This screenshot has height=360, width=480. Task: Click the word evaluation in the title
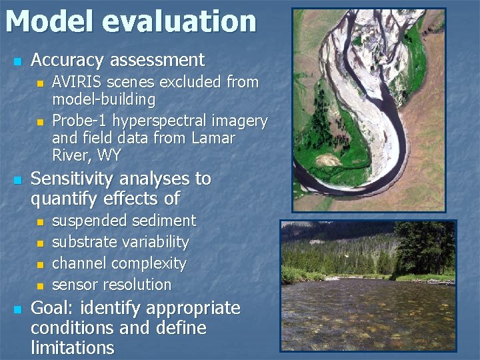pos(179,21)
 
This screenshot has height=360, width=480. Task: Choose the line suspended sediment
pos(124,221)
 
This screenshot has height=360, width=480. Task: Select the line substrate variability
pos(121,242)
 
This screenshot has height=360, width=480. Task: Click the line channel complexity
pos(119,263)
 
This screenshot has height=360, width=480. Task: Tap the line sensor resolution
pos(112,285)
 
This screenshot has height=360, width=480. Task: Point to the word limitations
pos(72,348)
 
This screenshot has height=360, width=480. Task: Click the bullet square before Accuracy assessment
pos(17,61)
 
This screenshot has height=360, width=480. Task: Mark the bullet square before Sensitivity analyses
pos(17,180)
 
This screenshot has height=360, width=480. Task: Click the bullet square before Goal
pos(17,309)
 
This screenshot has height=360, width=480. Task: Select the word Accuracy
pos(68,60)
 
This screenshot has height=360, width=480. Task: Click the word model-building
pos(104,100)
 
